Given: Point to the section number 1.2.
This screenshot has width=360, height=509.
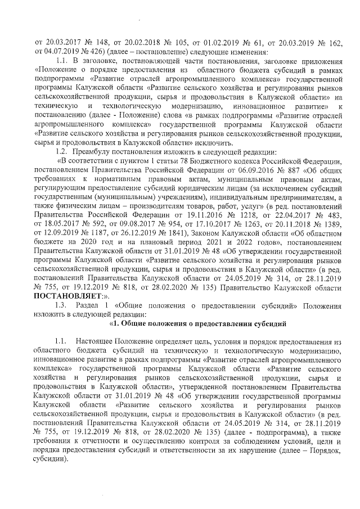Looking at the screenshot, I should (x=62, y=152).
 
